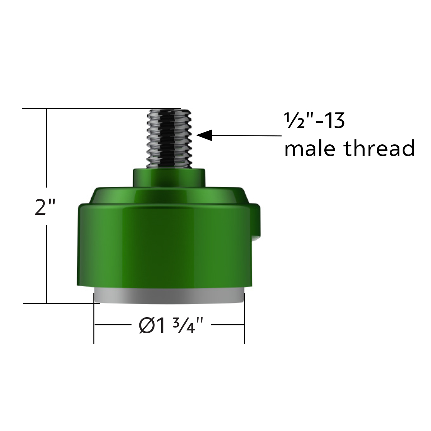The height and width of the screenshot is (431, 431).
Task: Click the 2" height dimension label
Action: (x=45, y=207)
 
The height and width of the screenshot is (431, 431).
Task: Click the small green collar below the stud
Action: (x=169, y=177)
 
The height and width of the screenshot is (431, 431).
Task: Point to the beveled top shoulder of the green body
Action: (x=169, y=196)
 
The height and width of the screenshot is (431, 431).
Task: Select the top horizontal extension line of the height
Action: (x=90, y=108)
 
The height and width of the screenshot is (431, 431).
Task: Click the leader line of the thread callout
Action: (x=248, y=135)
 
